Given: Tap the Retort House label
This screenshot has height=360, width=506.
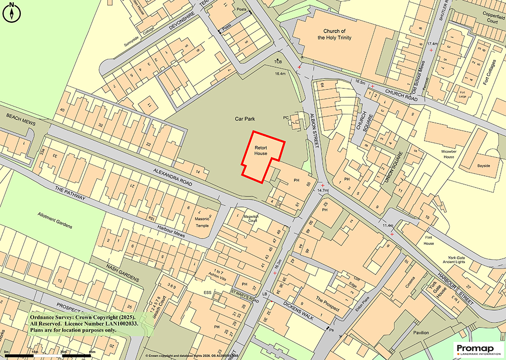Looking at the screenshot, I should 261,151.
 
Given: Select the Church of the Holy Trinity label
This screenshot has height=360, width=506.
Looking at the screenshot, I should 335,34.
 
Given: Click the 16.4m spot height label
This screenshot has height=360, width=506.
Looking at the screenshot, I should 280,74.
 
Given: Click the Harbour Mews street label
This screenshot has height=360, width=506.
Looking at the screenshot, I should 171,233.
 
